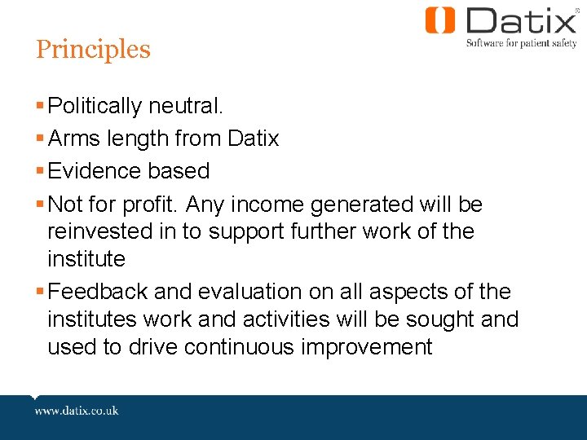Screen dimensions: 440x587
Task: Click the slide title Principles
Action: click(x=93, y=50)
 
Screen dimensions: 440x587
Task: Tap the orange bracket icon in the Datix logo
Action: click(x=440, y=20)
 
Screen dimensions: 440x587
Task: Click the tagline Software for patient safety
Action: click(x=521, y=43)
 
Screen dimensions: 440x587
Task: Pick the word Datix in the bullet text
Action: click(x=253, y=139)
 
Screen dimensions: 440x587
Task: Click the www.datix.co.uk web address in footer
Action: click(x=77, y=411)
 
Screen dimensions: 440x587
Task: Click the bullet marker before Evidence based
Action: click(x=41, y=172)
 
